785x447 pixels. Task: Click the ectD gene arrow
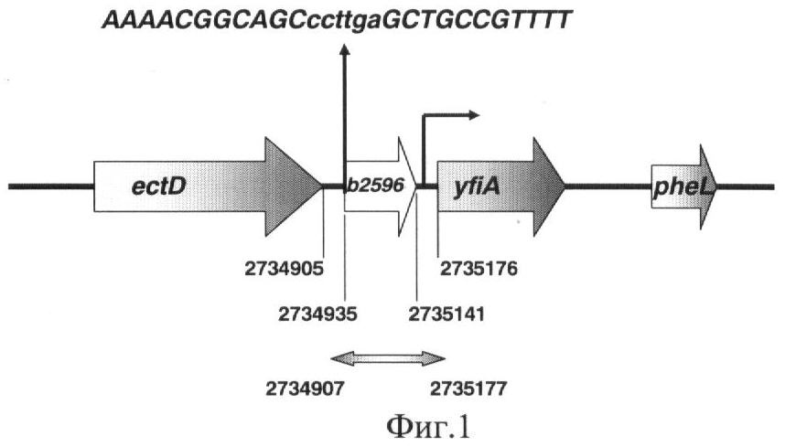[208, 186]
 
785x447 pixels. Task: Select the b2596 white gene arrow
[381, 186]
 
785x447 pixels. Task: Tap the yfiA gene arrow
[501, 186]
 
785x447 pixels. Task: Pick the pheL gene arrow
[683, 186]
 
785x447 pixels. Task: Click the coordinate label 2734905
[284, 269]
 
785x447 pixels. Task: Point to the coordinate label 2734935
[317, 314]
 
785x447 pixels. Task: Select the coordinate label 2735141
[446, 314]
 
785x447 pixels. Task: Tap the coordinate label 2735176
[479, 269]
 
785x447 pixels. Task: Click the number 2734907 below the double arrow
[305, 388]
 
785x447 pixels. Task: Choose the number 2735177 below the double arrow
[468, 388]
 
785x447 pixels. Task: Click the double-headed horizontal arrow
[388, 358]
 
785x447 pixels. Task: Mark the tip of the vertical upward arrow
[344, 45]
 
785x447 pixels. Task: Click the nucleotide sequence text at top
[337, 21]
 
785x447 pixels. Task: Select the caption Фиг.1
[428, 427]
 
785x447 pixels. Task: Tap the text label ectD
[158, 186]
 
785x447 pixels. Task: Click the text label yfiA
[477, 187]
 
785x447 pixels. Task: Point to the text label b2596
[375, 185]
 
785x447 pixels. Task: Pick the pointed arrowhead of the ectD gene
[321, 186]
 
